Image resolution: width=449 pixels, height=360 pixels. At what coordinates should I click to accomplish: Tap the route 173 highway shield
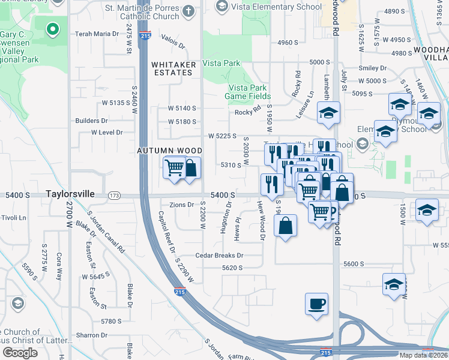point(114,196)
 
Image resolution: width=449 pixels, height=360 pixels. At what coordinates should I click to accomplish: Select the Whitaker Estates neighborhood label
point(172,68)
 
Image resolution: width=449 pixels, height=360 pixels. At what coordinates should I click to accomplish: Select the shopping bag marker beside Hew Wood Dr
point(286,226)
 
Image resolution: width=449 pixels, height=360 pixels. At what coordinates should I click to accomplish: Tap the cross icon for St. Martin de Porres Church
point(188,10)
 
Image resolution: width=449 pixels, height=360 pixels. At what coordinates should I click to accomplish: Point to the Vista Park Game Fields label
point(248,92)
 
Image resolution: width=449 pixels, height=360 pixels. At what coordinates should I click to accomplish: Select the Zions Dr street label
point(182,205)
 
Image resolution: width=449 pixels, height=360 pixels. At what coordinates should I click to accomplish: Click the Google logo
point(20,353)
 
